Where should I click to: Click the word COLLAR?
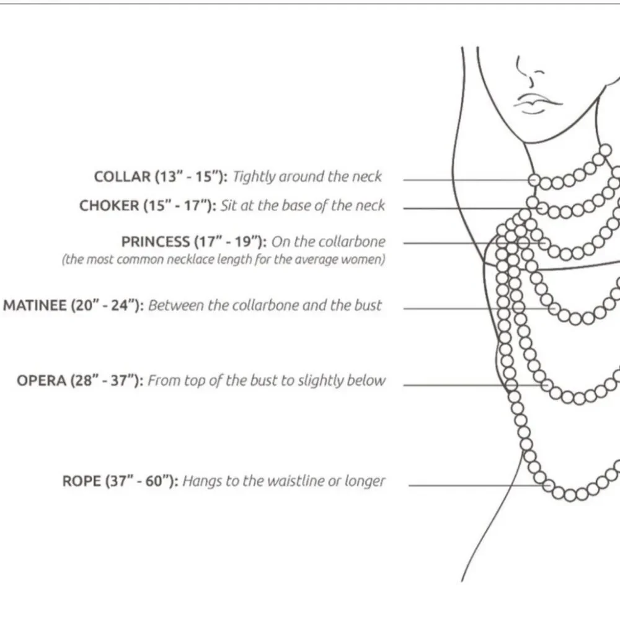pos(122,176)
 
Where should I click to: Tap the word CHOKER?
pos(109,206)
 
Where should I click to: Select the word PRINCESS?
pos(156,242)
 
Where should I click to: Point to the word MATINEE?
pos(35,305)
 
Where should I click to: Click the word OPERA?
pos(42,381)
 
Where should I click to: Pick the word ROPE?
pos(82,481)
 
